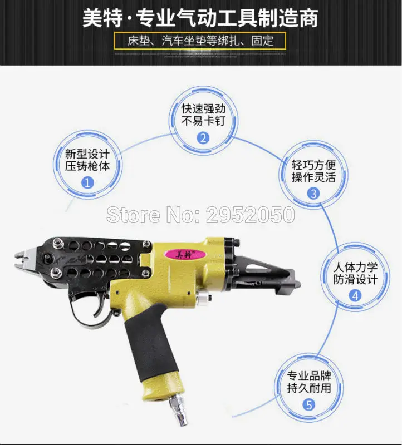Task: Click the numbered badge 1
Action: point(87,182)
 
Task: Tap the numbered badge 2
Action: point(203,138)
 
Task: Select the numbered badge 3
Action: point(313,194)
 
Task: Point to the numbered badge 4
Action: point(355,296)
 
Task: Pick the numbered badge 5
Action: point(309,404)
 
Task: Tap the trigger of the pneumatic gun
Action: point(100,305)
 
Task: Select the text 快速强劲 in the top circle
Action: point(203,108)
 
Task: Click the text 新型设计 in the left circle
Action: point(87,154)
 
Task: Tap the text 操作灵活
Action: point(313,177)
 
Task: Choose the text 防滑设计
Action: point(355,280)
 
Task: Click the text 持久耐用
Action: point(309,388)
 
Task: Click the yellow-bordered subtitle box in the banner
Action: point(200,41)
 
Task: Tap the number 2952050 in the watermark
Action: point(251,215)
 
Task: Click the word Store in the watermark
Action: point(133,215)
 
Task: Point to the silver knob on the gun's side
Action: point(204,298)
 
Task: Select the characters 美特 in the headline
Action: point(102,18)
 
